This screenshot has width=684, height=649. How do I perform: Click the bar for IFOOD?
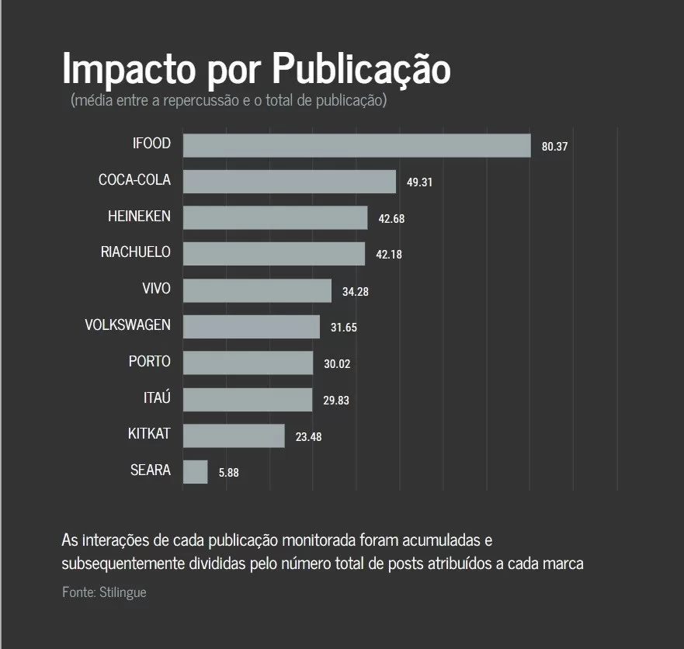[356, 145]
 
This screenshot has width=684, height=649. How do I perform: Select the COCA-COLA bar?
[289, 182]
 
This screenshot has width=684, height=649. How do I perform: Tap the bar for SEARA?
[195, 472]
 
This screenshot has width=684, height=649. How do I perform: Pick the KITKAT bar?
[234, 436]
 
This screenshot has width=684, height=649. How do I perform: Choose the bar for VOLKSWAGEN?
[251, 327]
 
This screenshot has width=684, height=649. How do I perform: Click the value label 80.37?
[555, 146]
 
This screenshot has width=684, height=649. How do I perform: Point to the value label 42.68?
[391, 219]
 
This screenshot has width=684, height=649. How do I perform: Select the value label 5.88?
[229, 473]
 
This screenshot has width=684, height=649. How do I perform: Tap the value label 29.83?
[336, 400]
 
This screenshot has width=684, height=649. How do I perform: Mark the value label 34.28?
[356, 291]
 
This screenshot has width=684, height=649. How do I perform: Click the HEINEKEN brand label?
[139, 217]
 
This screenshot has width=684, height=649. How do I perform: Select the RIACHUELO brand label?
[136, 252]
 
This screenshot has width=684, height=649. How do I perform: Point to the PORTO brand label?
[150, 362]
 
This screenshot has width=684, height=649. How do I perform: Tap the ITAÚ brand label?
[157, 397]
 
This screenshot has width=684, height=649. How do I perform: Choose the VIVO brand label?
[156, 289]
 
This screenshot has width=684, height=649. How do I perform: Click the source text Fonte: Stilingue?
[104, 592]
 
